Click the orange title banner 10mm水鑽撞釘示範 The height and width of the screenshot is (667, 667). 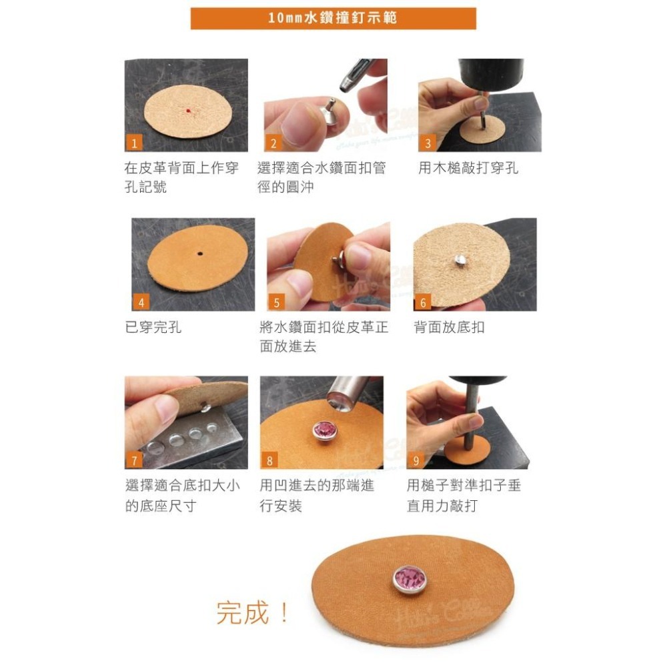tap(333, 18)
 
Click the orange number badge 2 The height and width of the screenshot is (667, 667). tap(273, 143)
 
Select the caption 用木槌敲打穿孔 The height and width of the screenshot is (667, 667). tap(468, 168)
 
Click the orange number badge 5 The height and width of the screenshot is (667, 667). tap(277, 302)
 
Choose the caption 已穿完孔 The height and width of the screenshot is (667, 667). tap(153, 327)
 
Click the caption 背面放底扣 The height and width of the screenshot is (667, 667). tap(449, 327)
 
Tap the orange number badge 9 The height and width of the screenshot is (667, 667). tap(416, 460)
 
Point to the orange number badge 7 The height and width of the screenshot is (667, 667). tap(134, 460)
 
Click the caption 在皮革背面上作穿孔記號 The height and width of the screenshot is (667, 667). tap(181, 177)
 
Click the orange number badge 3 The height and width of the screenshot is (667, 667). tap(428, 143)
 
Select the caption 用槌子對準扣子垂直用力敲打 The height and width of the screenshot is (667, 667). tap(464, 496)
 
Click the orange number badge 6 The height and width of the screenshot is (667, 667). tap(423, 302)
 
